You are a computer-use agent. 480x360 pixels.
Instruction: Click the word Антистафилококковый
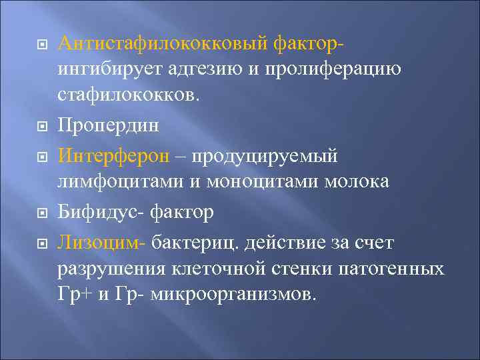pos(163,44)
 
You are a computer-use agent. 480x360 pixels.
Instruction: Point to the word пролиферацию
pos(334,69)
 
